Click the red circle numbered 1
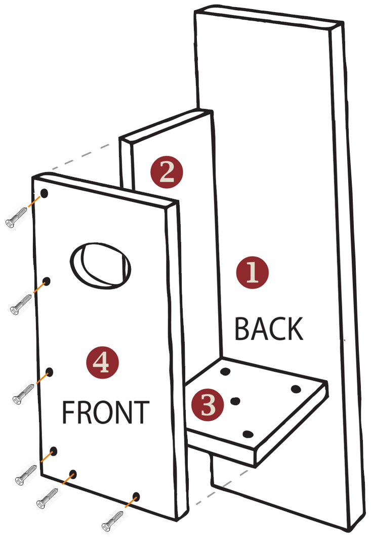point(252,272)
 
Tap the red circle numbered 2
point(167,172)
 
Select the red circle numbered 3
point(208,405)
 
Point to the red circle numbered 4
point(102,362)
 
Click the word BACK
point(269,329)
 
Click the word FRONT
point(105,412)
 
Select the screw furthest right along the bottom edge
point(112,521)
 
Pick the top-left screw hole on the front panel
point(44,193)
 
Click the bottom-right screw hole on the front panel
point(136,497)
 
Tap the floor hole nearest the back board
point(225,371)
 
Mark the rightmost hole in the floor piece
point(296,389)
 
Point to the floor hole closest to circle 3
point(235,401)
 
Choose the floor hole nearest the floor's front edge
point(248,435)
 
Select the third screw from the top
point(23,394)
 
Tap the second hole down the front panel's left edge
point(46,282)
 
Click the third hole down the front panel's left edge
point(49,373)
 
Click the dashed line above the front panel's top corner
point(81,157)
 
